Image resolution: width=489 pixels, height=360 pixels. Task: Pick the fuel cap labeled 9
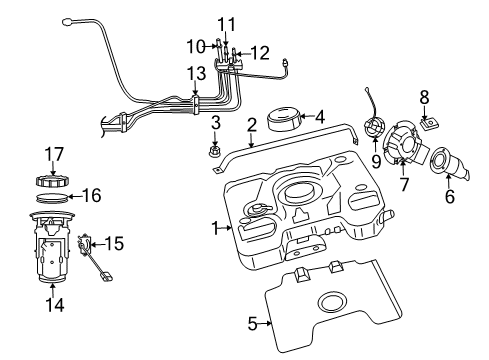pyautogui.click(x=375, y=131)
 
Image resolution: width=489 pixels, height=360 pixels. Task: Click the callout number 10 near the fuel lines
pyautogui.click(x=193, y=44)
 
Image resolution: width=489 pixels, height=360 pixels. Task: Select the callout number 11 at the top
pyautogui.click(x=226, y=23)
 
